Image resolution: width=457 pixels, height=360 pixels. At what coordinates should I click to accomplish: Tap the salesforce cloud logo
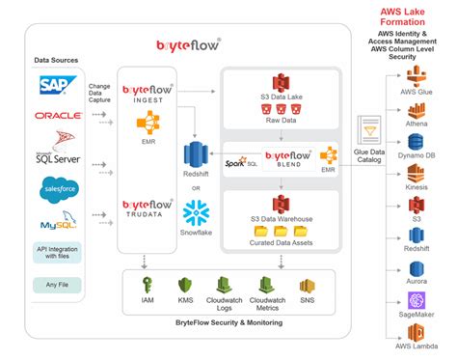pos(57,191)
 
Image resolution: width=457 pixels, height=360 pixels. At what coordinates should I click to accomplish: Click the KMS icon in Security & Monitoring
pos(185,287)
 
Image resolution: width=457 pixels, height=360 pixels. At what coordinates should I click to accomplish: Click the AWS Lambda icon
pos(417,334)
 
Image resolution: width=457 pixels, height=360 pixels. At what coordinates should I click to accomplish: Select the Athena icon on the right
pos(417,109)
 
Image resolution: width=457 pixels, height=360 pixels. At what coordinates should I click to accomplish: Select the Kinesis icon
pos(417,172)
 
